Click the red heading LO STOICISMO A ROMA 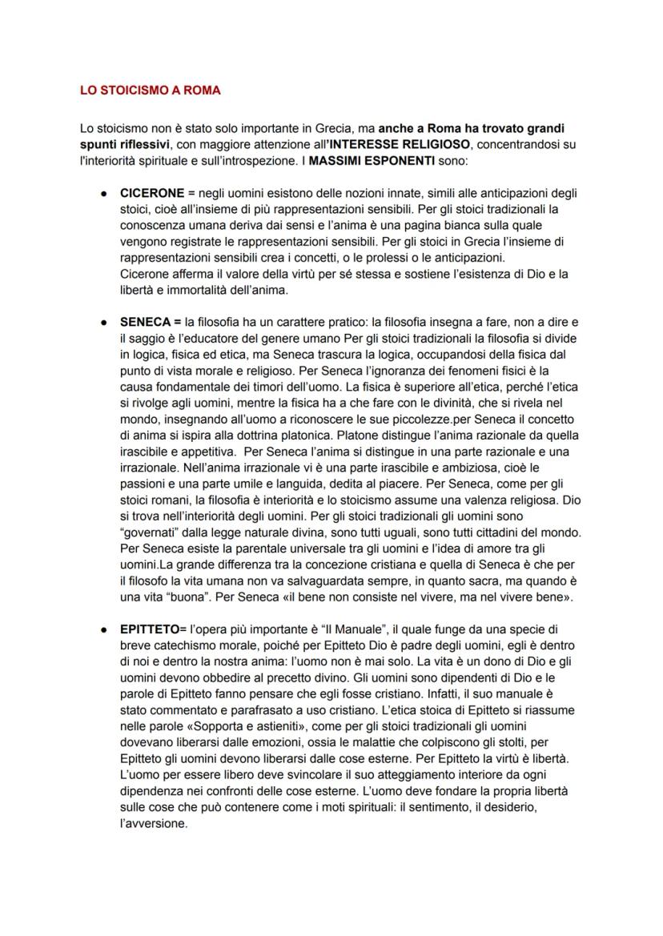coord(151,90)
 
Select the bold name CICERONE coord(152,193)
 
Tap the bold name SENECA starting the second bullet coord(145,322)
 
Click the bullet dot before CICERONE coord(104,193)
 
